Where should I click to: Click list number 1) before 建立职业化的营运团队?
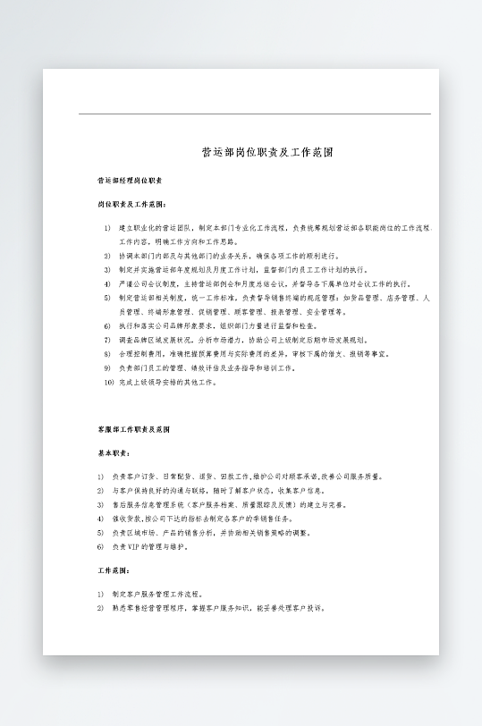click(x=106, y=228)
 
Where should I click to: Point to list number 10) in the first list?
click(x=107, y=382)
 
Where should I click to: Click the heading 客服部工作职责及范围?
click(x=134, y=430)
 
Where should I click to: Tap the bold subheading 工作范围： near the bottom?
click(x=114, y=570)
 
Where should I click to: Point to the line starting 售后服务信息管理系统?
click(x=224, y=504)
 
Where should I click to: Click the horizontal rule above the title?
click(x=254, y=114)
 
